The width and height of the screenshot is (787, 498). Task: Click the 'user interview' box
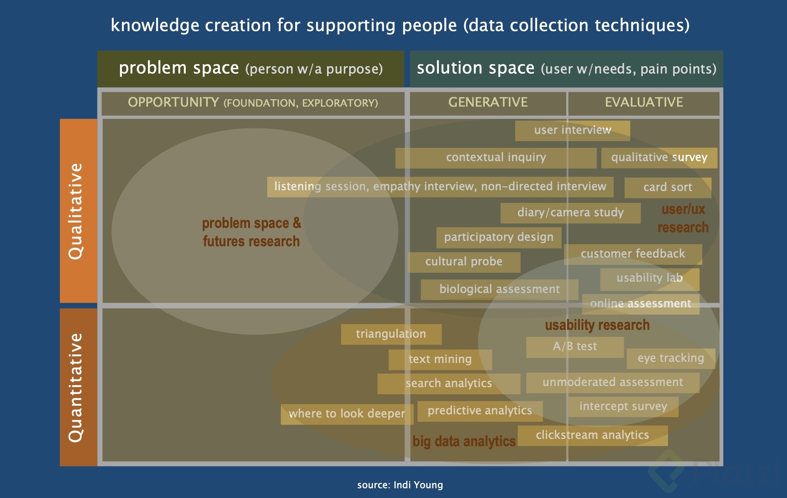[572, 130]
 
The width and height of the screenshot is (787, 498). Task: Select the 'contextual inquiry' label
[496, 158]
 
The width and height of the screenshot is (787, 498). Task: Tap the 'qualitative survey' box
[659, 158]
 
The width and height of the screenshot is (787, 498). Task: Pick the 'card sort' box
[668, 188]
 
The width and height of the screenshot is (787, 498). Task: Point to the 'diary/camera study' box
[570, 213]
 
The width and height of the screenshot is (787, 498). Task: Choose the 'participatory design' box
[499, 237]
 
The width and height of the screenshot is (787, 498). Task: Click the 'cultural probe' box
[464, 262]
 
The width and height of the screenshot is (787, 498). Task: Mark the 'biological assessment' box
[499, 289]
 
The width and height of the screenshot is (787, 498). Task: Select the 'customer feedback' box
[633, 254]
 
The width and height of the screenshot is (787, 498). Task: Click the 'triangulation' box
[391, 334]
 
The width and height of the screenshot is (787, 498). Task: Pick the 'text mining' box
[440, 359]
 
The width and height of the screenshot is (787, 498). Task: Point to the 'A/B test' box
[575, 347]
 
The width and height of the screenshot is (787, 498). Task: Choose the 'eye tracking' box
[671, 358]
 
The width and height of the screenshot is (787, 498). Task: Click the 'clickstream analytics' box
[592, 435]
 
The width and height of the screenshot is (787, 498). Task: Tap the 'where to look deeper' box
[347, 414]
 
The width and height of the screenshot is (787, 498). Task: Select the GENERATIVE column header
[488, 103]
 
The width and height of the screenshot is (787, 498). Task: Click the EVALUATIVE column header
[644, 103]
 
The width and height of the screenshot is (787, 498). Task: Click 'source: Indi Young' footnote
[400, 485]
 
